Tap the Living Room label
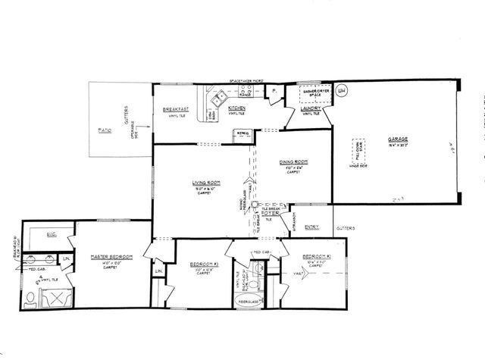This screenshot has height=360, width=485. click(205, 183)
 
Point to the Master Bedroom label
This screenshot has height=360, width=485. click(111, 257)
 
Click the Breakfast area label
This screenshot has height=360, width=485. click(177, 109)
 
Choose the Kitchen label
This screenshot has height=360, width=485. click(236, 108)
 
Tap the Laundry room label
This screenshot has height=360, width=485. click(311, 108)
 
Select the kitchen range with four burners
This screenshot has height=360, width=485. click(246, 92)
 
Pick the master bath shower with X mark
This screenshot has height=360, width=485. click(58, 296)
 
